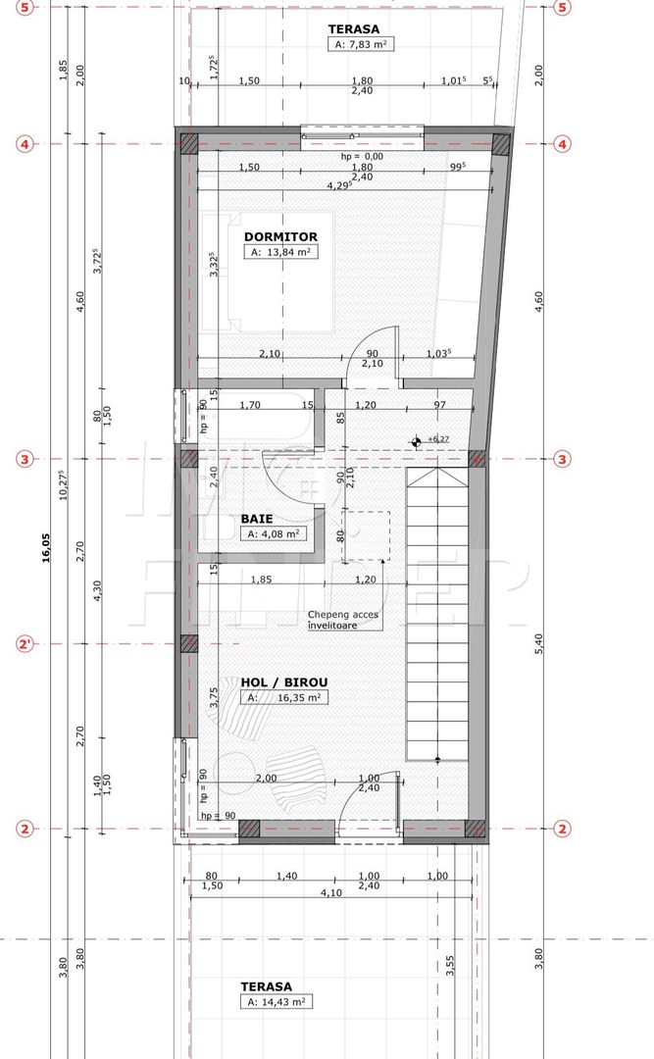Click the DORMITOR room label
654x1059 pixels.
(279, 236)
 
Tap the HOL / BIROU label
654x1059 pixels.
(283, 681)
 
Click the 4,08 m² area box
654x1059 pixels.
(274, 534)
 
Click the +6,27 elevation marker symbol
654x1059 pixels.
(417, 441)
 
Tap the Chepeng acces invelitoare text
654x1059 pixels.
(342, 620)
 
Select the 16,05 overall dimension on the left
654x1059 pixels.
(44, 555)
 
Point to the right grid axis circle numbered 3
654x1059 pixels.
(562, 459)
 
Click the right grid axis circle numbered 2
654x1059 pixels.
(562, 830)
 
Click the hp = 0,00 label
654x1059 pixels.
(362, 157)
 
